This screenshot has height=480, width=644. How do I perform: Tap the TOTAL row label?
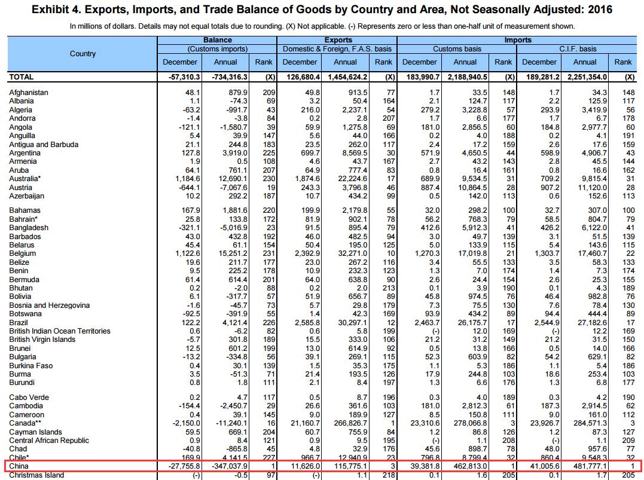tap(22, 77)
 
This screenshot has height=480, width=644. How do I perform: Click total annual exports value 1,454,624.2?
tap(346, 77)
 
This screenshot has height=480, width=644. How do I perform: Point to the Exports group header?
tap(337, 40)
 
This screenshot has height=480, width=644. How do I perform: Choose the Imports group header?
tap(517, 40)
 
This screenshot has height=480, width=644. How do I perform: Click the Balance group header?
tap(218, 40)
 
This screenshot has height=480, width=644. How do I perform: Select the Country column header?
tap(83, 54)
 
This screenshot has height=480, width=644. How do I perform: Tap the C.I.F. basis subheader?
tap(578, 49)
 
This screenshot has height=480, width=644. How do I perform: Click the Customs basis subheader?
tap(456, 49)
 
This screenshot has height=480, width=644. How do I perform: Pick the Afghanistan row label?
tap(29, 93)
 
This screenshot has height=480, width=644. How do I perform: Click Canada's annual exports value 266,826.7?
tap(346, 423)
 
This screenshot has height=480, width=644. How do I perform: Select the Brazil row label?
tap(19, 322)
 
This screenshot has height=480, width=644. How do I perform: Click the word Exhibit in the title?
tap(51, 10)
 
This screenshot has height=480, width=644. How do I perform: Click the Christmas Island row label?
tap(36, 475)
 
